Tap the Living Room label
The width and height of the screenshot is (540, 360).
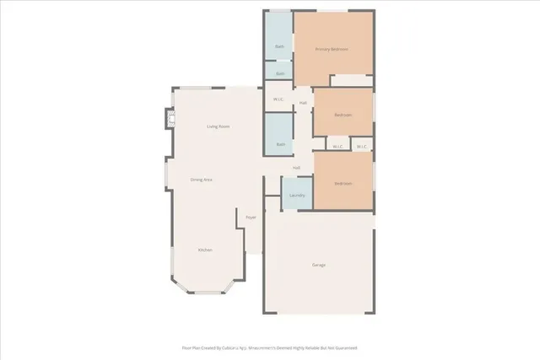219,126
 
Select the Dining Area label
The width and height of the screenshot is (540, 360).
201,180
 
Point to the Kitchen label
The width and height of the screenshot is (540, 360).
205,250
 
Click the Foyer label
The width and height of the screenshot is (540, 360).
251,218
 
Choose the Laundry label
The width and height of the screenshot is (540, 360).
297,195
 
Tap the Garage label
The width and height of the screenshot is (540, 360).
319,265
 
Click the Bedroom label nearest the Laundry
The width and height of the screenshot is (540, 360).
342,183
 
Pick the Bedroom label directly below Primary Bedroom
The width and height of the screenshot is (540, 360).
342,115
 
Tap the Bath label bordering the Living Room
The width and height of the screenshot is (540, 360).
279,144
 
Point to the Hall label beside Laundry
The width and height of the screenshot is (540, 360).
297,168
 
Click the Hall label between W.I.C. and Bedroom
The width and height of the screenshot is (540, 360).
302,103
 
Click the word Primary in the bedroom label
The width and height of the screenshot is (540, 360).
322,49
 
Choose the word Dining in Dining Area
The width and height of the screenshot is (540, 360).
196,180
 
